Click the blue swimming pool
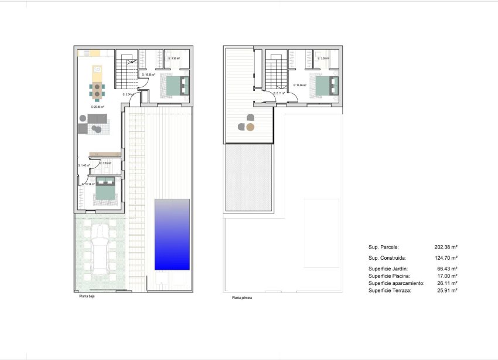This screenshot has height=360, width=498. click(x=172, y=235)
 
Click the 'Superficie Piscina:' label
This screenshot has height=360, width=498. click(x=389, y=276)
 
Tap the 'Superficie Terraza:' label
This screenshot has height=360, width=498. click(x=390, y=290)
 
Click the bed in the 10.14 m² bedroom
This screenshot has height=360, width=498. click(x=104, y=191)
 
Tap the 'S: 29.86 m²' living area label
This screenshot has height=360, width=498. click(x=97, y=107)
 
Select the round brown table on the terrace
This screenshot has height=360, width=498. click(x=250, y=127)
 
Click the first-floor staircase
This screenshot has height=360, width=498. click(x=276, y=73)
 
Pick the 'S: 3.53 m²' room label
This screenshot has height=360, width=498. click(x=105, y=164)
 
